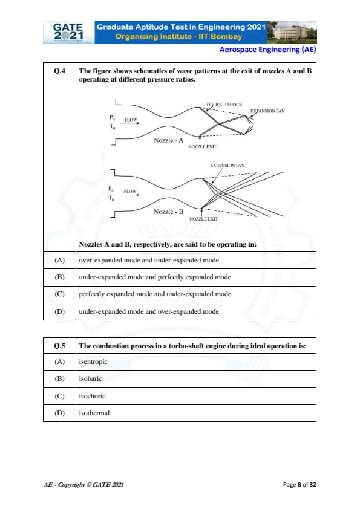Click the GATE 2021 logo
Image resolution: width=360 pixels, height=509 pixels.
click(68, 32)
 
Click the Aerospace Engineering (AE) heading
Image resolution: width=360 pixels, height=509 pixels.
click(267, 50)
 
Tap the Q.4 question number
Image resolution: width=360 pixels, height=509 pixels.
click(59, 71)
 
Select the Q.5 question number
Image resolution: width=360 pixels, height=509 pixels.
click(59, 346)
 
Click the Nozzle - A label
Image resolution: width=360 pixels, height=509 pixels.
click(168, 140)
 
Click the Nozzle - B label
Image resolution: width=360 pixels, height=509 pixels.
click(168, 212)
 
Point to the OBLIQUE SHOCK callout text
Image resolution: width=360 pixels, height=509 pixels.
click(224, 105)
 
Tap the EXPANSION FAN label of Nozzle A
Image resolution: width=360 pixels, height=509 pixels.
click(267, 111)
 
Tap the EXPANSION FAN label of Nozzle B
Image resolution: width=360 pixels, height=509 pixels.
click(227, 166)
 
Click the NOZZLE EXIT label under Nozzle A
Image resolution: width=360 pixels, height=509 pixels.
click(202, 147)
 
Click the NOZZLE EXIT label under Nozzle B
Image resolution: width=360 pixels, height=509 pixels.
click(203, 219)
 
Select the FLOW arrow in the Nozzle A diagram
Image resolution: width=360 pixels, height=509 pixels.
click(131, 123)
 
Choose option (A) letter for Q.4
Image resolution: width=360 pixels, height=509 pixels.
click(59, 261)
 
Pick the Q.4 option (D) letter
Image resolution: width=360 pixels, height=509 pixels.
click(59, 312)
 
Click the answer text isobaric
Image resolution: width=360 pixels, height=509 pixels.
click(90, 378)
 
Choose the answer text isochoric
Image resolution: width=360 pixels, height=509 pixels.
click(93, 396)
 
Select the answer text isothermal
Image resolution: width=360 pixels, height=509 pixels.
click(94, 413)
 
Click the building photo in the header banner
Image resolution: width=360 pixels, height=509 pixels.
click(292, 32)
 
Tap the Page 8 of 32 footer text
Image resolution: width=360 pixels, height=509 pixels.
click(299, 485)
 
